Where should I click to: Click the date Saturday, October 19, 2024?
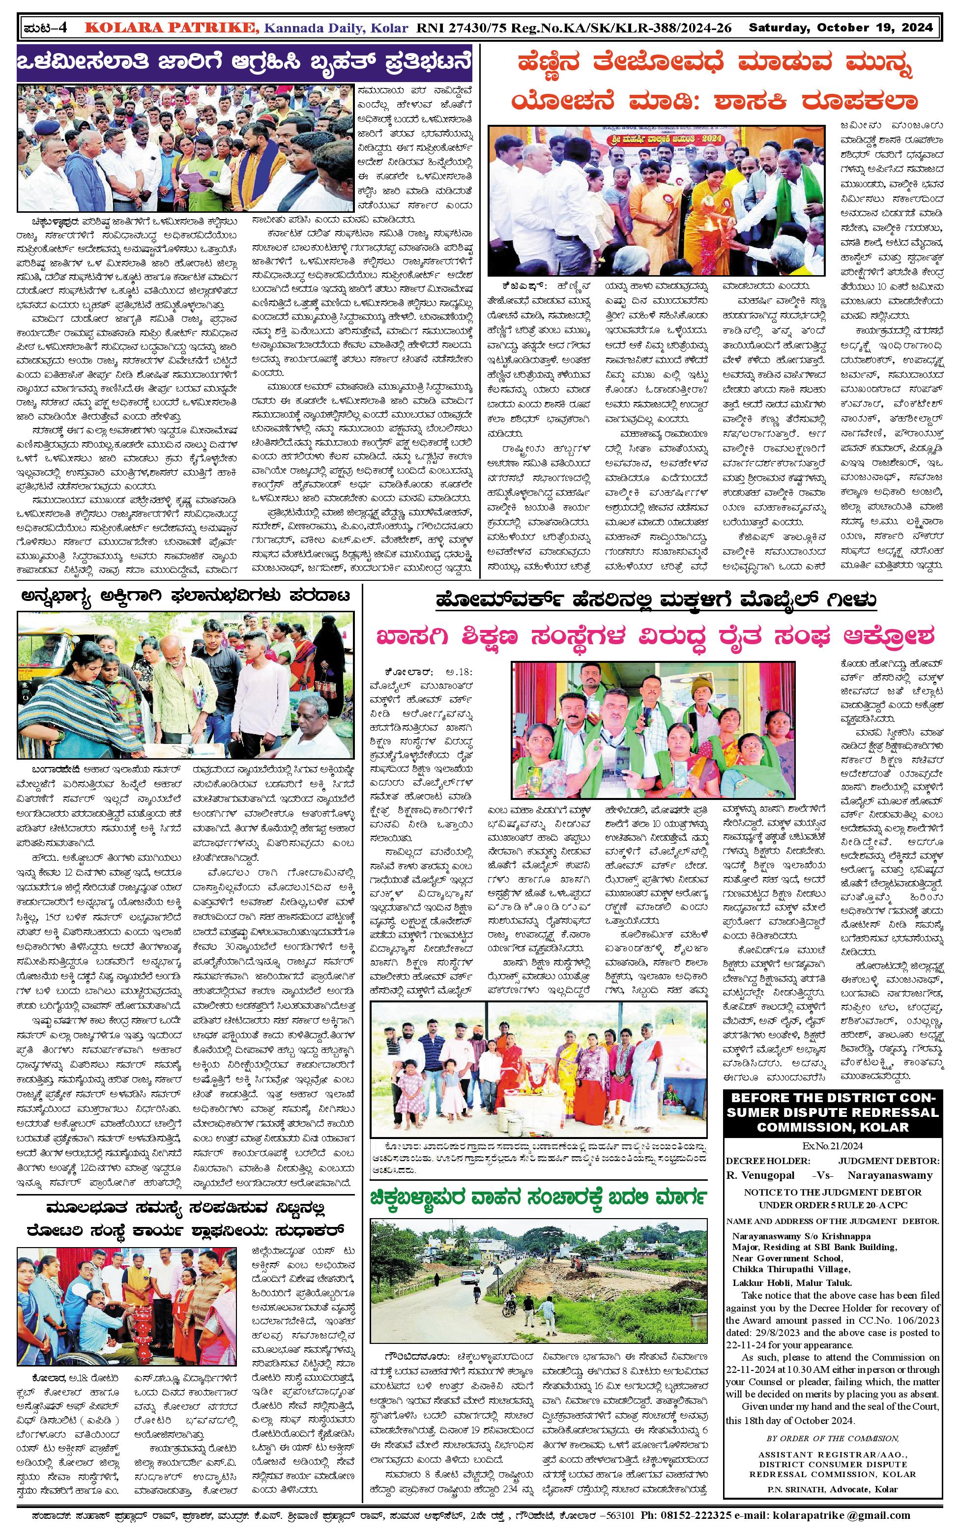tap(840, 28)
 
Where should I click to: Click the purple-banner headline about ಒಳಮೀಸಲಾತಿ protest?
tap(244, 63)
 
